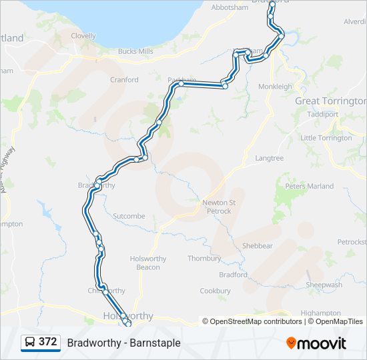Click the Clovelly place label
(83, 36)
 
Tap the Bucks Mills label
(135, 51)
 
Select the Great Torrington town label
(330, 101)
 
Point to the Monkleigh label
(276, 87)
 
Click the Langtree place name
(269, 159)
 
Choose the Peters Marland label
(310, 186)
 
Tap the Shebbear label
(257, 245)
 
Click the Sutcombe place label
(129, 217)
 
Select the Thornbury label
(204, 258)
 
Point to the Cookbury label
(215, 291)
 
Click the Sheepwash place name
(324, 285)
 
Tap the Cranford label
(124, 80)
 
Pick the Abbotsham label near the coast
(230, 7)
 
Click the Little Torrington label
(326, 138)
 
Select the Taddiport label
(323, 114)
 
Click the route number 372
(48, 342)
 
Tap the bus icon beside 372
(30, 343)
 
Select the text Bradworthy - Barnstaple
(123, 343)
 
